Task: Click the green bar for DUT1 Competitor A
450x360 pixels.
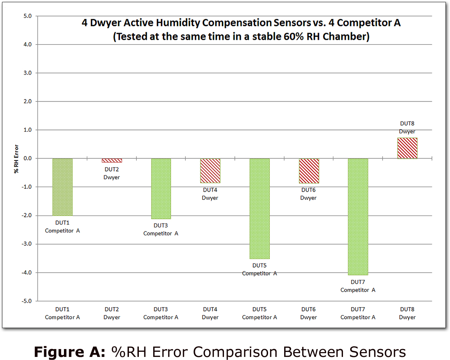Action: tap(63, 187)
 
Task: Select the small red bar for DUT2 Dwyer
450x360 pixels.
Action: tap(112, 160)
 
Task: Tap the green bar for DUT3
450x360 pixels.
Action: tap(161, 189)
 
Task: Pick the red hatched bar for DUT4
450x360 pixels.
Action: tap(210, 171)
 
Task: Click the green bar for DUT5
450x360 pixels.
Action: tap(260, 208)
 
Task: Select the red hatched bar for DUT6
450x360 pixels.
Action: tap(309, 171)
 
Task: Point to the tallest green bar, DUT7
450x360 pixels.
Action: tap(358, 217)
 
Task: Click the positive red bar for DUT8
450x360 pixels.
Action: tap(407, 148)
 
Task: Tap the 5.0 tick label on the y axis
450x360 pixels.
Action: tap(28, 16)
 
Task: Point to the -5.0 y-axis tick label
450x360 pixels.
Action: tap(27, 301)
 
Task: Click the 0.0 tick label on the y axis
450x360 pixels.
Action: tap(28, 158)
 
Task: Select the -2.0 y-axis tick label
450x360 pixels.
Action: tap(27, 216)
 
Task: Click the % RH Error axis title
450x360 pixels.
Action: tap(16, 159)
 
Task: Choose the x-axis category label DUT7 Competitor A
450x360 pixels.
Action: tap(358, 313)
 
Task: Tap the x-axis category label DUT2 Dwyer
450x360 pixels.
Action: tap(112, 313)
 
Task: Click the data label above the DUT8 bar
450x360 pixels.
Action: tap(407, 127)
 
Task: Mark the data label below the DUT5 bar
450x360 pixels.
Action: tap(260, 269)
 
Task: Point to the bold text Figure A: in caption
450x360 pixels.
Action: tap(70, 352)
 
